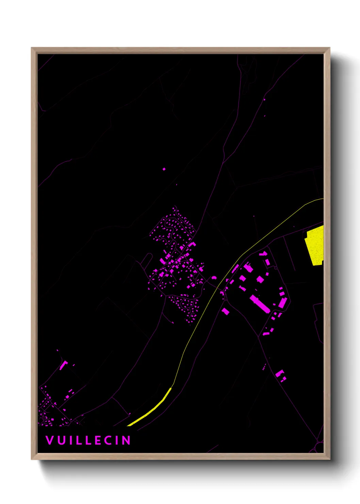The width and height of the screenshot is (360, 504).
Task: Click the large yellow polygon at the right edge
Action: (x=315, y=245)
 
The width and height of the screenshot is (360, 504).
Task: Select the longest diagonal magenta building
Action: (x=260, y=304)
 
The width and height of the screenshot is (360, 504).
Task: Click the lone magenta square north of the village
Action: (x=164, y=169)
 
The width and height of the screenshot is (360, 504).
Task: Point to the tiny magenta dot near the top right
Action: (x=264, y=99)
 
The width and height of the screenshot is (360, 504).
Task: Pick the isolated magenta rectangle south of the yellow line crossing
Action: (x=225, y=311)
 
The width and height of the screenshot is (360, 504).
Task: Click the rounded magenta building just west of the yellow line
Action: (x=214, y=278)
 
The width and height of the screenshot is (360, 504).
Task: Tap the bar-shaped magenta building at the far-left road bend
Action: (x=63, y=365)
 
